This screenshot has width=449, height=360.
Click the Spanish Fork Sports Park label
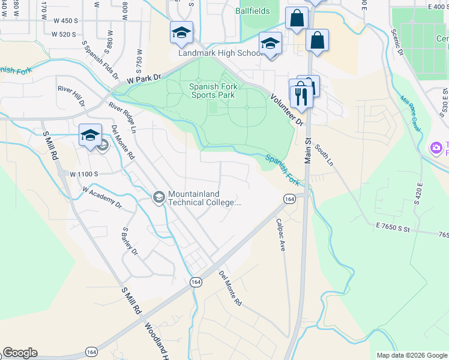[213, 91]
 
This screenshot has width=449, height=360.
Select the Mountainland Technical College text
[205, 198]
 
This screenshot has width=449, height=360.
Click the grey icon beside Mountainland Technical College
[159, 197]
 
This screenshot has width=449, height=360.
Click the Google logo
[20, 353]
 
